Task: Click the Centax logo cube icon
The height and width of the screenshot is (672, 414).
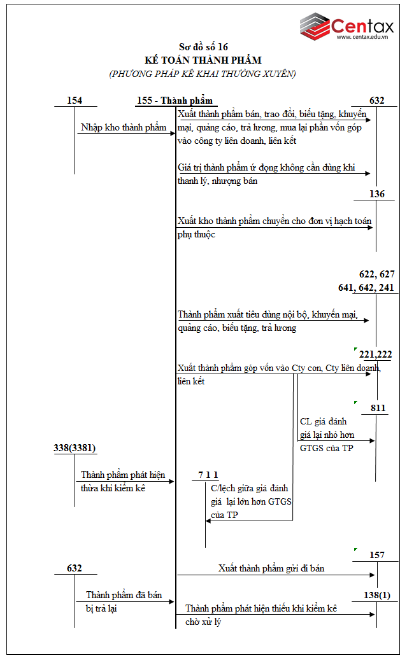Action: coord(315,25)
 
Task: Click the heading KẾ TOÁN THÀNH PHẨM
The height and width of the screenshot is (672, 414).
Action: coord(203,60)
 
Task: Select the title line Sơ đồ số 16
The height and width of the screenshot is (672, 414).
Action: coord(203,47)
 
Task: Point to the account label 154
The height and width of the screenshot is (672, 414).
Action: coord(75,101)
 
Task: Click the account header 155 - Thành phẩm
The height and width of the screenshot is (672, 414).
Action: coord(174,101)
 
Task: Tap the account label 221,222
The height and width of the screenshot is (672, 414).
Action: coord(376,354)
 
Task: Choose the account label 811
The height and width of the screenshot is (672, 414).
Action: coord(378,408)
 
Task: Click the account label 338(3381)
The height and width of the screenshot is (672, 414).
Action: coord(75,448)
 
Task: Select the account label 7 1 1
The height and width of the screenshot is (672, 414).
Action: coord(208,475)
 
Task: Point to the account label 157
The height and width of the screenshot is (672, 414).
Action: coord(377,556)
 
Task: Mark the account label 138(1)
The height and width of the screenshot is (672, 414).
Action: coord(376,595)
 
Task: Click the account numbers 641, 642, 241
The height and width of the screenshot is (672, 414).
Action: coord(366,288)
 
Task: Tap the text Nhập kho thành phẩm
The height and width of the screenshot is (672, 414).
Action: coord(124,127)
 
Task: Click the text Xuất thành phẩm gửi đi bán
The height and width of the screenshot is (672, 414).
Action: coord(271,568)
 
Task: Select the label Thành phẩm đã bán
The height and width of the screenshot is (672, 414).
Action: coord(124,595)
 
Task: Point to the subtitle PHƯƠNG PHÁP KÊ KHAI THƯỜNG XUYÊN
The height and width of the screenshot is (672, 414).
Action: coord(203,74)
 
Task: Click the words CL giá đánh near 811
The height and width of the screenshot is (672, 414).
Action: coord(323,421)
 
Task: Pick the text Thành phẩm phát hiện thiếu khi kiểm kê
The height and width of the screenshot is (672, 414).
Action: coord(261,608)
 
